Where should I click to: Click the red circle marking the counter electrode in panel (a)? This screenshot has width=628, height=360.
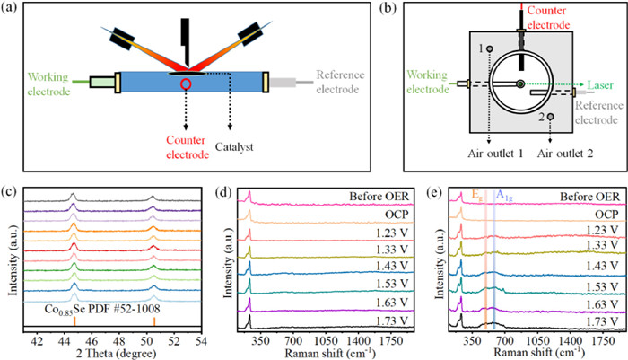184,85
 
